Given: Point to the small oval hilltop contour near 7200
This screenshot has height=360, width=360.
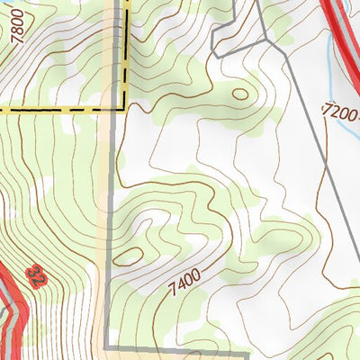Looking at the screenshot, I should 239,93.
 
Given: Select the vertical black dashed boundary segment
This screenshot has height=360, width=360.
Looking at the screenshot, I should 122,54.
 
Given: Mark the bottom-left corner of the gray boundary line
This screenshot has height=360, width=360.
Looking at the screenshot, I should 106,346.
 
